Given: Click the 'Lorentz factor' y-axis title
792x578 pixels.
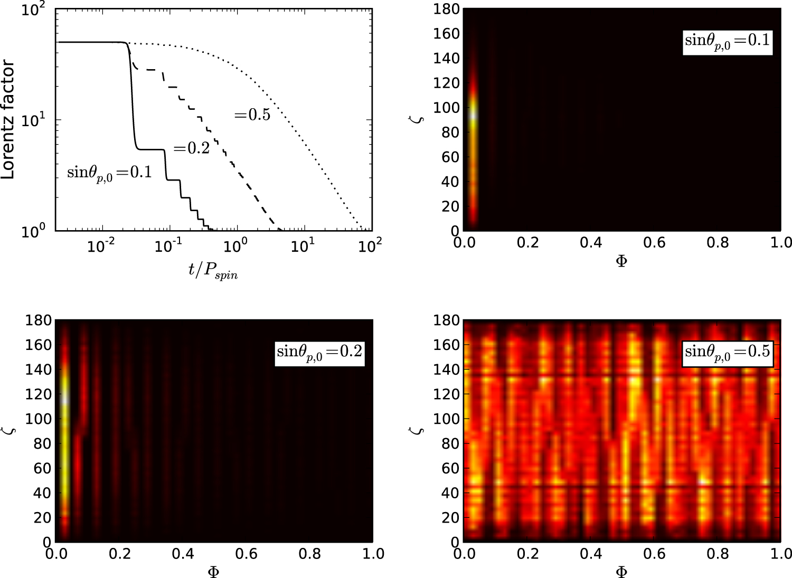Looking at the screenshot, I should tap(7, 119).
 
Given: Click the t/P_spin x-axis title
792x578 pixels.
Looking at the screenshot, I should tap(213, 271).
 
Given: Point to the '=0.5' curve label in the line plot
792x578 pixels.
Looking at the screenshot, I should tap(252, 115).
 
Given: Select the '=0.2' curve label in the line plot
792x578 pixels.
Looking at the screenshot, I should tap(191, 148).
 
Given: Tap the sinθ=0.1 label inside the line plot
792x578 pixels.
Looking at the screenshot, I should tap(109, 172).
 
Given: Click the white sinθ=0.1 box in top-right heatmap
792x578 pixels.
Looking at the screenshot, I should tap(728, 41).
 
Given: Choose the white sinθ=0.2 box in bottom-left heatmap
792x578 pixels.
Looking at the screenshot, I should tap(319, 352).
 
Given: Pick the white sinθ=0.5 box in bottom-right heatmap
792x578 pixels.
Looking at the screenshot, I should tap(728, 352).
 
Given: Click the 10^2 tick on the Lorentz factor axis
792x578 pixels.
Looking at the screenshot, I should tap(33, 10).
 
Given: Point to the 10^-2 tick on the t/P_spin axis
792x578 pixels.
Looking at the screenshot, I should tap(101, 245).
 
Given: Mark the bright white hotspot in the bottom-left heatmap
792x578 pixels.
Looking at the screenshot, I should tap(65, 400).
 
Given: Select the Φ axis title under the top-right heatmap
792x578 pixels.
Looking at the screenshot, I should tap(621, 261).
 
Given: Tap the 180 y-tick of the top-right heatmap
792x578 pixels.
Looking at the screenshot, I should tap(446, 10).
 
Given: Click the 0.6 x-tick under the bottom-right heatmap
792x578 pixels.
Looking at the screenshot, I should tap(654, 554).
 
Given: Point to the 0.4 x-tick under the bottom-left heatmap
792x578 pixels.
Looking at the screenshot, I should tap(183, 554).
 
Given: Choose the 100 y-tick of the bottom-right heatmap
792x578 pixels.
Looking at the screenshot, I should tap(446, 419).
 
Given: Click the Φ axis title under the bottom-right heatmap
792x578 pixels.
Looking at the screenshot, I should tap(621, 572).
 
